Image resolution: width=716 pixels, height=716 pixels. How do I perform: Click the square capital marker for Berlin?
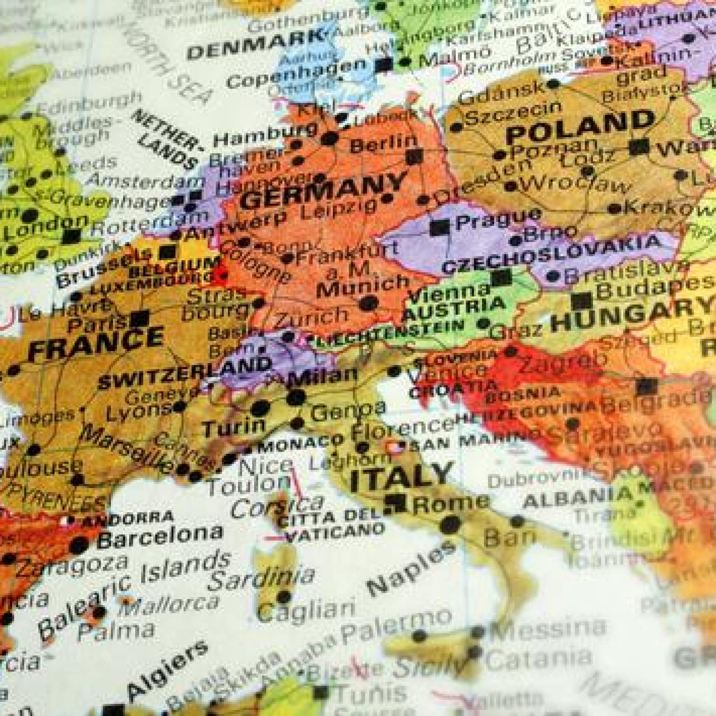413,156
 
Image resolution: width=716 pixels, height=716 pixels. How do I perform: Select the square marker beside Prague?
439,227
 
